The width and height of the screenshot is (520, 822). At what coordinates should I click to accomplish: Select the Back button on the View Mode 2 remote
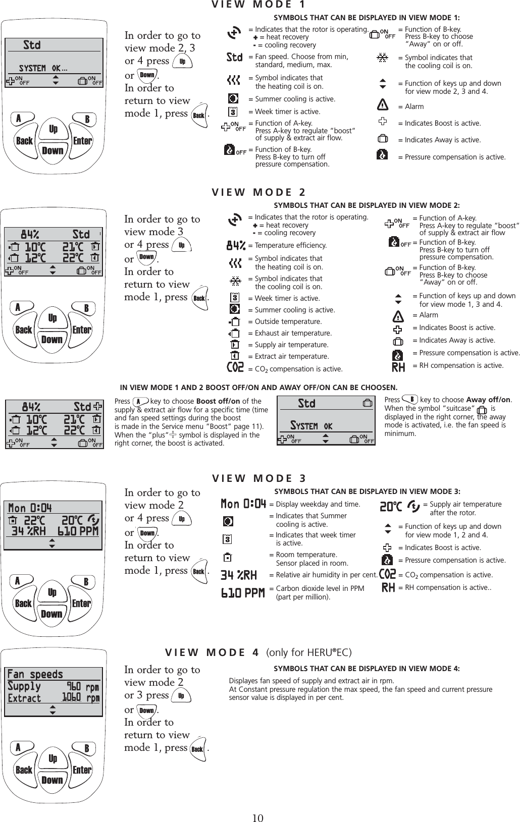point(24,330)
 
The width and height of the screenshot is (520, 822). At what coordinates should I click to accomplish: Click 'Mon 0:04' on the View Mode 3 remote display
point(30,507)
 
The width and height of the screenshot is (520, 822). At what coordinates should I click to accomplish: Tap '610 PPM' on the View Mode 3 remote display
point(78,531)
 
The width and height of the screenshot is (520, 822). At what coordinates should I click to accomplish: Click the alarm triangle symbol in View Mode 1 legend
point(383,106)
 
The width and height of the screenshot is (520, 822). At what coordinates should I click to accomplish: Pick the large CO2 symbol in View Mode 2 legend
point(236,368)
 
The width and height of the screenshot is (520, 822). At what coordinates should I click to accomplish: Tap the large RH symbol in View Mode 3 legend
point(388,587)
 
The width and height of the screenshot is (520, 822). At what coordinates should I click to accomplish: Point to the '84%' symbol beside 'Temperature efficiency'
point(236,246)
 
